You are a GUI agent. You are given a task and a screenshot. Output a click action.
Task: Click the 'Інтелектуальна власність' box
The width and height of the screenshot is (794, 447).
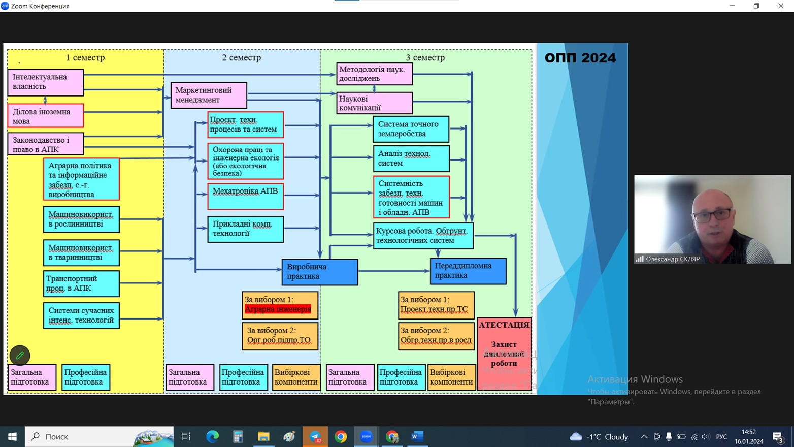(x=46, y=82)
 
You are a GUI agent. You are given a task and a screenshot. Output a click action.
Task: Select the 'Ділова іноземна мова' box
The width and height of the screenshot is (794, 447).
(x=46, y=116)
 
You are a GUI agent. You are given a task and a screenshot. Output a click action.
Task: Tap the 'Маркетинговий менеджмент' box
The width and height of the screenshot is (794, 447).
(x=209, y=95)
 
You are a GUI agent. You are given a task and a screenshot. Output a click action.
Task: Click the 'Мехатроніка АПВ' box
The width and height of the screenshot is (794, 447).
(x=245, y=196)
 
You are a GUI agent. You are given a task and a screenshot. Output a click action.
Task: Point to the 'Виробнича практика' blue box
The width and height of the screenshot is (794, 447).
(x=320, y=272)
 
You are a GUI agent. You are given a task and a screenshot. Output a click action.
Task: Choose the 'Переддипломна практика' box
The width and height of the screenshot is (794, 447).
(x=468, y=271)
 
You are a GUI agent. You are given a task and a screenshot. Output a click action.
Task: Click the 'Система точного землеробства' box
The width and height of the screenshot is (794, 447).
(x=411, y=129)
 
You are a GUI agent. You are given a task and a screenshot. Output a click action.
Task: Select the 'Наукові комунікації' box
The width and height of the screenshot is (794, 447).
(x=375, y=103)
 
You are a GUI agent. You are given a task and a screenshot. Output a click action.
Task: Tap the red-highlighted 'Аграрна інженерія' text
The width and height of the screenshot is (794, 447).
(x=278, y=309)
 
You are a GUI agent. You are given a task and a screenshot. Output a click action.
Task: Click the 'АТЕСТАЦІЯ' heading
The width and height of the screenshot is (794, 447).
(x=504, y=325)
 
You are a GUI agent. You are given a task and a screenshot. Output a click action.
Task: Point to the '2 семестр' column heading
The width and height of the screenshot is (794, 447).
(x=241, y=58)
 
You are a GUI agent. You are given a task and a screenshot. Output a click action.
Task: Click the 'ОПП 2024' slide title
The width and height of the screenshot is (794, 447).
(x=580, y=58)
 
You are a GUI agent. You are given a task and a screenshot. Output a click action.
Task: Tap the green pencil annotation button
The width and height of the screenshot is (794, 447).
(x=20, y=355)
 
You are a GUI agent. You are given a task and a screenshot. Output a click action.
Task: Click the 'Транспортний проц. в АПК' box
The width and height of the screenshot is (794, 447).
(x=81, y=283)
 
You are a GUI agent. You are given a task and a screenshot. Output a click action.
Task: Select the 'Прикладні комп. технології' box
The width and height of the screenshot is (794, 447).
(x=245, y=229)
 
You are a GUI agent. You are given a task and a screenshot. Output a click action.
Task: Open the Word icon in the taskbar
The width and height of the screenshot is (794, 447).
(x=417, y=436)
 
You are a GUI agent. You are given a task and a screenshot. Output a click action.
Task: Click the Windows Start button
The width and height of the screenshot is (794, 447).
(x=12, y=436)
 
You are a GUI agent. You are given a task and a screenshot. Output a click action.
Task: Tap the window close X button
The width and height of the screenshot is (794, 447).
(x=780, y=6)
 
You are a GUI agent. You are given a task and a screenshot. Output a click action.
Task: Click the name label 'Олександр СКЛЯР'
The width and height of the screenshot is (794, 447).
(x=672, y=259)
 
